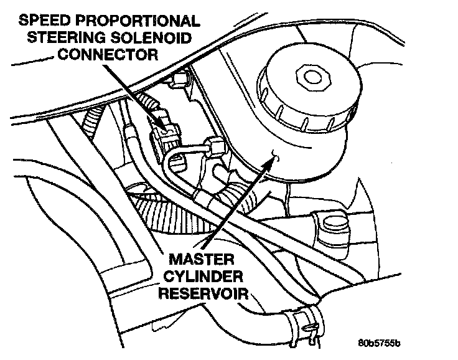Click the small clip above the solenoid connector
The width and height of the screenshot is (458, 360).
coord(180,78)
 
